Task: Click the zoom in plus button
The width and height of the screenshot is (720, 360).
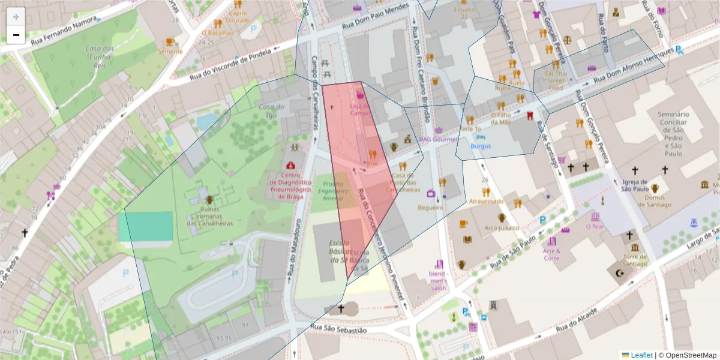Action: [16, 17]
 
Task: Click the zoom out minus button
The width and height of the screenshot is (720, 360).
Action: [16, 35]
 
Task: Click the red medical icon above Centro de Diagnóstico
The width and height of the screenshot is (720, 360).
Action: [291, 165]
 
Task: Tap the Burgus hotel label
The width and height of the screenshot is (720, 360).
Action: [481, 146]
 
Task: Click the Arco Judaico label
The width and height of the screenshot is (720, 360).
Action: [501, 228]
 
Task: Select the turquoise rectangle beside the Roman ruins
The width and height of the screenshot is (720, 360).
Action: [145, 226]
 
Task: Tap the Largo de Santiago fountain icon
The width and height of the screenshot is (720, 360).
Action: [694, 223]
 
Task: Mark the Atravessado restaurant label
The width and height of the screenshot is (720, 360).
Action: [486, 202]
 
